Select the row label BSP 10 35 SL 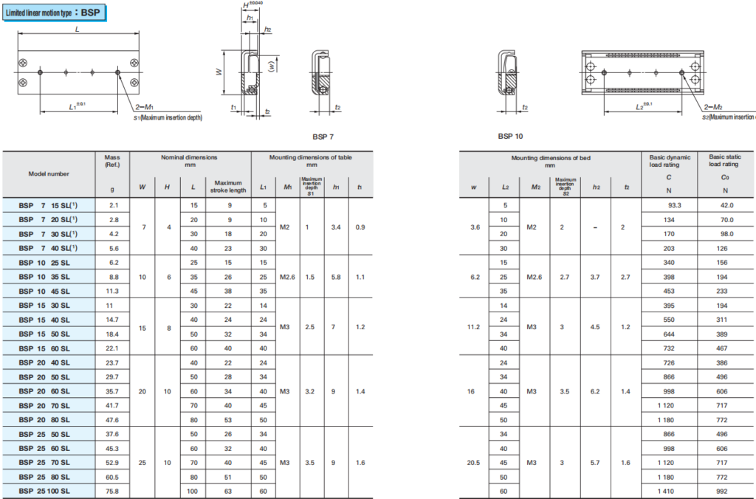(x=44, y=277)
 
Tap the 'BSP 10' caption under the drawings (x=512, y=137)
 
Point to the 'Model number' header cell (x=49, y=174)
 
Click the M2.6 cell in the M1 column (x=287, y=277)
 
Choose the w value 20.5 (x=474, y=462)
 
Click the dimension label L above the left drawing (x=77, y=30)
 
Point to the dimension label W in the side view (x=219, y=72)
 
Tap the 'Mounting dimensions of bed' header (x=550, y=158)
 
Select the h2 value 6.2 (x=595, y=390)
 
